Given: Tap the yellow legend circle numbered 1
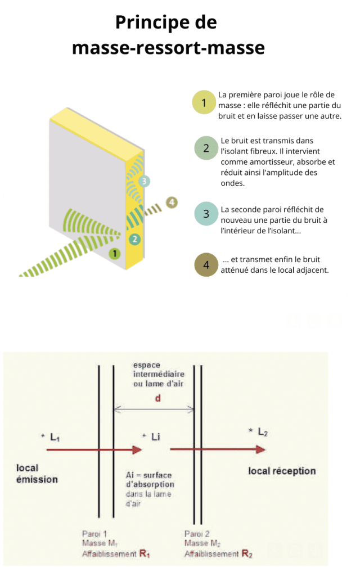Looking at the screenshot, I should [204, 103].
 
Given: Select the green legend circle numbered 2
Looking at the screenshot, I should [206, 148].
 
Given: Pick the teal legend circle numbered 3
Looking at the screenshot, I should [206, 214].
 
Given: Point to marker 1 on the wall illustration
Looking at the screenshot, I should [115, 254].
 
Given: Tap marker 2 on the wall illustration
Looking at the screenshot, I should [134, 239].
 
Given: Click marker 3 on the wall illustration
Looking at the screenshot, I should [145, 181].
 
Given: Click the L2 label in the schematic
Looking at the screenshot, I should [260, 432].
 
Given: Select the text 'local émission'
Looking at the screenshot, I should [37, 474].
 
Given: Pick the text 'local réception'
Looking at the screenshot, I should [282, 471].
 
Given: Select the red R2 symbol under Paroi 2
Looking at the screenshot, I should [246, 554].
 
